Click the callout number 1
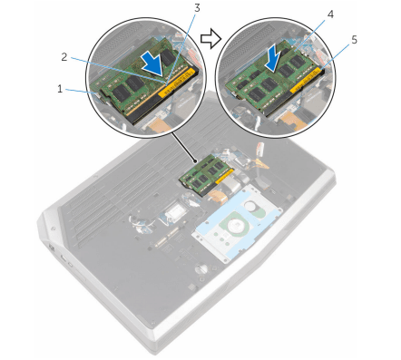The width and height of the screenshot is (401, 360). [60, 89]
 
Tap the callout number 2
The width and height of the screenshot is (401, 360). [64, 57]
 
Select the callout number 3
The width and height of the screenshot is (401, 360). [197, 8]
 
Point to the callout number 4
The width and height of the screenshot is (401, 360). [330, 15]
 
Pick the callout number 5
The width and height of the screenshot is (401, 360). [354, 40]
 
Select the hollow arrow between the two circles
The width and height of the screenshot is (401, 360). [210, 38]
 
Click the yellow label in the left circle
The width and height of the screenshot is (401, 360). [176, 83]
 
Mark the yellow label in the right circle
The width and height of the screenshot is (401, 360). [306, 80]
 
